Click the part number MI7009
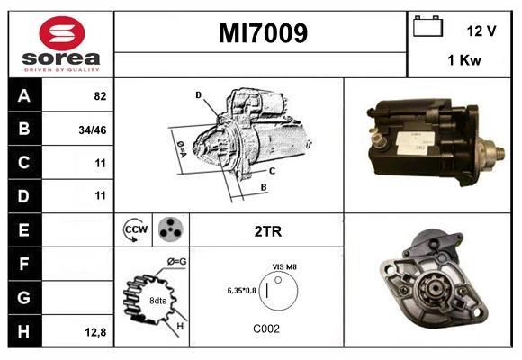(x=263, y=34)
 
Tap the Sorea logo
(x=61, y=46)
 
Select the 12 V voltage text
(x=481, y=31)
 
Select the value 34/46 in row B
(x=94, y=130)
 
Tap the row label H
(x=23, y=330)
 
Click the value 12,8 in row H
(x=96, y=331)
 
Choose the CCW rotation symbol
(x=135, y=230)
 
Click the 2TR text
(x=268, y=231)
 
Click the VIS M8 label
(x=284, y=267)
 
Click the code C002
(x=266, y=328)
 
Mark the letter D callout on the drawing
(x=198, y=94)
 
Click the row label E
(x=23, y=229)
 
